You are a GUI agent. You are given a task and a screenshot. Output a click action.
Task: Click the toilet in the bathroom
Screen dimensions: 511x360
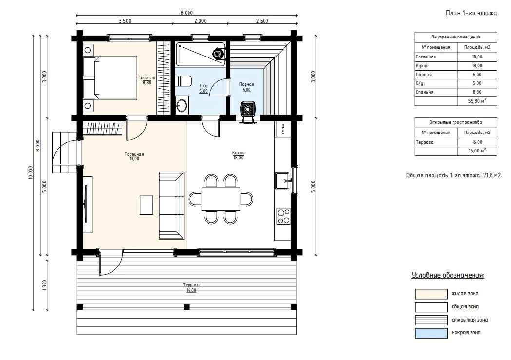(x=184, y=81)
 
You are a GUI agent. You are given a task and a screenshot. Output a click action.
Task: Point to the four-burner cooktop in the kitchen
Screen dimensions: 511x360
(x=283, y=216)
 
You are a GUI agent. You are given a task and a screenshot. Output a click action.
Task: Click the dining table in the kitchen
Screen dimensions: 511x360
(x=221, y=199)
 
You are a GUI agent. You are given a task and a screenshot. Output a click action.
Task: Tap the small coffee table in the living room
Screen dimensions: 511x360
(x=146, y=205)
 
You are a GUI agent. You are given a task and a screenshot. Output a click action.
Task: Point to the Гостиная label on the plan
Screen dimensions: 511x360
(x=134, y=154)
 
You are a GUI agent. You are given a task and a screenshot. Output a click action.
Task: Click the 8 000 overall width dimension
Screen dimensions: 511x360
(x=187, y=13)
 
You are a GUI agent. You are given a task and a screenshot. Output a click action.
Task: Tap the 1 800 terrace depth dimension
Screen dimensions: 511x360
(x=45, y=285)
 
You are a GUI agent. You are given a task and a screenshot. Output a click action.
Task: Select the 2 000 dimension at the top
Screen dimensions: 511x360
(x=200, y=21)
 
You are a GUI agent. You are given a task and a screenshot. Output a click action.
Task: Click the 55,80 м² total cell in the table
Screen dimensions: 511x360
(x=477, y=101)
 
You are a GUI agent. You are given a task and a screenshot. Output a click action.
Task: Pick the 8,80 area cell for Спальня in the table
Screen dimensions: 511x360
(x=477, y=92)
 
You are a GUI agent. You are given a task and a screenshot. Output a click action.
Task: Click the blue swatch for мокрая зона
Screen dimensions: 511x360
(x=431, y=333)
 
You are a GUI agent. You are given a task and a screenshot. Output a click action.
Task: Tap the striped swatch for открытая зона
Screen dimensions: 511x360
(x=431, y=320)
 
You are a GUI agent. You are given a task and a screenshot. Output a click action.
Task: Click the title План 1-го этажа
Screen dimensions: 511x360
(x=471, y=13)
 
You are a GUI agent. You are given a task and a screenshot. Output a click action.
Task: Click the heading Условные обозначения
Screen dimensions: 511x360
(x=448, y=275)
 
